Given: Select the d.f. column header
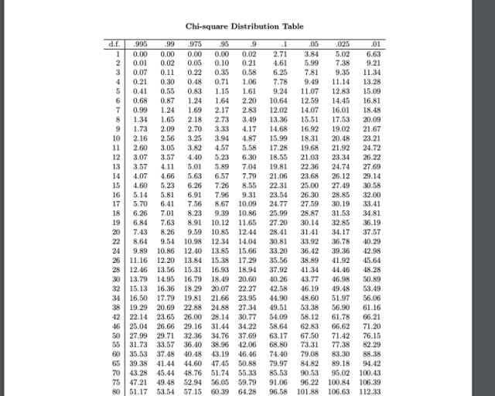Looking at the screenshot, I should click(114, 44).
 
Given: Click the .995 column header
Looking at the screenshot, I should click(141, 44).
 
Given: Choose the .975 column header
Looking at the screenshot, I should click(195, 44).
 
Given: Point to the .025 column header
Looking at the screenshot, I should click(342, 44).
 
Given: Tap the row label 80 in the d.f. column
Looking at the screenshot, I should click(118, 392).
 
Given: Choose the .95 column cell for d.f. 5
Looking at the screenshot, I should click(222, 90).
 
